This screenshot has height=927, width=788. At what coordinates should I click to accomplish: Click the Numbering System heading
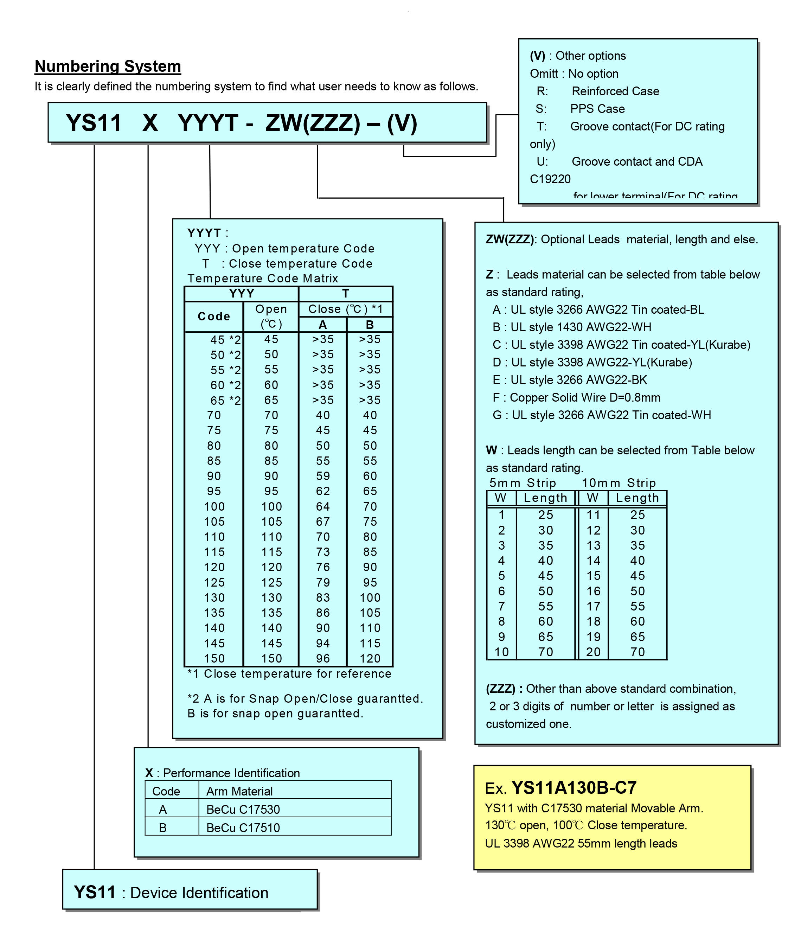coord(108,66)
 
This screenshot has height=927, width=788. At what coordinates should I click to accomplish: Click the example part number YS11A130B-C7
coord(574,788)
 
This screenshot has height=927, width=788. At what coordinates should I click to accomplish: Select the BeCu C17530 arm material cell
coord(243,810)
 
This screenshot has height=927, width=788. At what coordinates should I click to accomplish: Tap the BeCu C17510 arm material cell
coord(243,828)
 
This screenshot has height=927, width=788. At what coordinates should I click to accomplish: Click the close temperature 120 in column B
coord(370,659)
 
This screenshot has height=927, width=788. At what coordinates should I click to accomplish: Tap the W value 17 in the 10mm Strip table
coord(593,606)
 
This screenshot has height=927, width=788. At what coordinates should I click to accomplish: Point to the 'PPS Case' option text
coord(597,109)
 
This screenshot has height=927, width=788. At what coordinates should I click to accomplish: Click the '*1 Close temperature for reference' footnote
coord(289,674)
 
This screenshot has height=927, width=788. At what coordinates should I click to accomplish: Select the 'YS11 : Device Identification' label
coord(171,893)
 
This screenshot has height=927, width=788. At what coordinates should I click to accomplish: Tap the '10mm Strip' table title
coord(619,483)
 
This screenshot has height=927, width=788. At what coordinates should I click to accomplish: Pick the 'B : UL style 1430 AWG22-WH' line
coord(572,327)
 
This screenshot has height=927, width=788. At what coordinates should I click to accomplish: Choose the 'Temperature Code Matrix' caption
coord(263,278)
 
